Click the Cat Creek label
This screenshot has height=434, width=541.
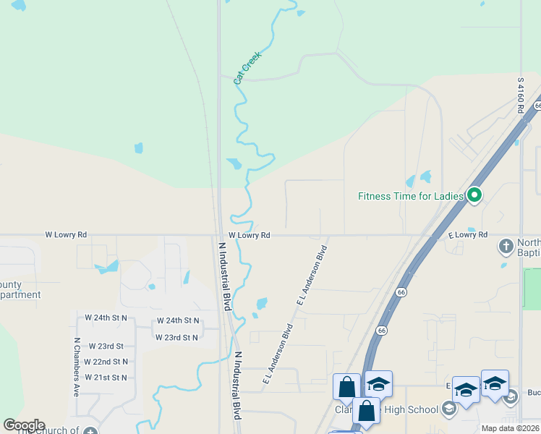(x=247, y=68)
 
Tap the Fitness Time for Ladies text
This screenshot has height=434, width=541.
(x=412, y=195)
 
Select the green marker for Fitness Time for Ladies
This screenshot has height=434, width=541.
(x=474, y=195)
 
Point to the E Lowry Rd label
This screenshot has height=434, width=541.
(x=468, y=235)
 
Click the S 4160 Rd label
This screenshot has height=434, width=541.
(x=520, y=94)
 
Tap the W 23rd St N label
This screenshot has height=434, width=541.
(x=176, y=337)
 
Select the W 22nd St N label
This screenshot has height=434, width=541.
(x=106, y=362)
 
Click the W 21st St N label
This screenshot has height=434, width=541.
(x=106, y=378)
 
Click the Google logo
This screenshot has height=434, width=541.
(x=23, y=425)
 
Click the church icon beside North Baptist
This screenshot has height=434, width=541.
(x=506, y=247)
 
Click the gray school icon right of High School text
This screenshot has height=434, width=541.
(x=449, y=410)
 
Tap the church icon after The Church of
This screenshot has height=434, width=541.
(x=90, y=431)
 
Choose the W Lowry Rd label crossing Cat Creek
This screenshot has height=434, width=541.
(x=250, y=235)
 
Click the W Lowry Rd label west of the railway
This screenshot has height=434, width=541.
(x=66, y=235)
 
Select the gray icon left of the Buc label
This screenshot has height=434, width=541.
(x=511, y=396)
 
